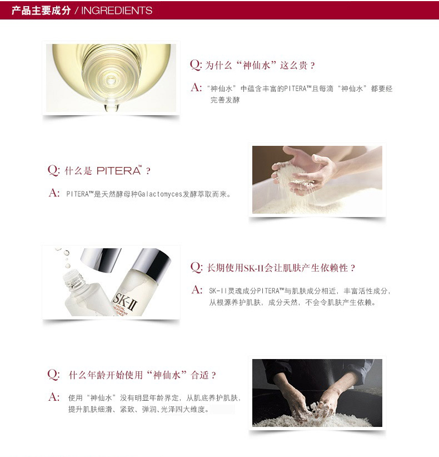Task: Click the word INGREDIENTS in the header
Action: tap(117, 11)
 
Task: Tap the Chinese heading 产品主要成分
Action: tap(41, 11)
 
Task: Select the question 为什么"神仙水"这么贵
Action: tap(260, 65)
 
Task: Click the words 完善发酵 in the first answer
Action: tap(225, 100)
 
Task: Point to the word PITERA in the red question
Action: tap(119, 170)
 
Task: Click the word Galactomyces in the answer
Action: tap(159, 194)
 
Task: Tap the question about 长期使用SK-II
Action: tap(281, 268)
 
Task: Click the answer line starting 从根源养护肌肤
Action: tap(292, 302)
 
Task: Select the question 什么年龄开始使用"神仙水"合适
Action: tap(143, 375)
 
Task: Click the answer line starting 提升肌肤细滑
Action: tap(139, 409)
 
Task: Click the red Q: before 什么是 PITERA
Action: tap(53, 170)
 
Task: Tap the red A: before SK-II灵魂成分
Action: tap(197, 289)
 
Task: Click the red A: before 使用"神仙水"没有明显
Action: tap(54, 397)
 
